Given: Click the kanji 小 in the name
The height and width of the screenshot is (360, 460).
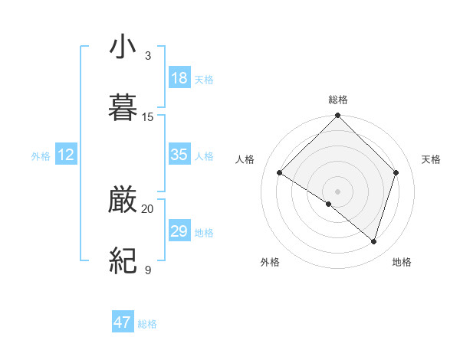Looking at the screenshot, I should click(123, 47).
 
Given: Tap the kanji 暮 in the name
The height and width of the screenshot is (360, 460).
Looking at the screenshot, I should click(123, 108).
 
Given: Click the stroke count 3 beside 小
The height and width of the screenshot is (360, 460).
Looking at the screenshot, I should click(148, 56).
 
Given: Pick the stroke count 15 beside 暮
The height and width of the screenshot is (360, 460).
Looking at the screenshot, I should click(148, 116).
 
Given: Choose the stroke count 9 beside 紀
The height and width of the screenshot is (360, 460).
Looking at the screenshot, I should click(148, 270).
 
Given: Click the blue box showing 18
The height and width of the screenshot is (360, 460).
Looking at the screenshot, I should click(179, 78).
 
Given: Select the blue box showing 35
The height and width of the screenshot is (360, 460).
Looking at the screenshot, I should click(179, 155).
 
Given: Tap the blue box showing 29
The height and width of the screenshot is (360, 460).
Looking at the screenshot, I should click(179, 231).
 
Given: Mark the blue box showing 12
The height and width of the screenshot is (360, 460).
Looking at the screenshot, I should click(66, 155).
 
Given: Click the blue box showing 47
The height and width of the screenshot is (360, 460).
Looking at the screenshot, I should click(123, 322).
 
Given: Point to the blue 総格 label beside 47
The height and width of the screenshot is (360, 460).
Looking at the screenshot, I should click(148, 325).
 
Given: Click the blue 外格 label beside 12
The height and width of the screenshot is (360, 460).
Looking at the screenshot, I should click(41, 156).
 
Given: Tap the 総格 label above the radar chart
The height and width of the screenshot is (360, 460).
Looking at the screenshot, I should click(338, 100).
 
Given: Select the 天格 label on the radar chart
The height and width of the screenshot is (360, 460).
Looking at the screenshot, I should click(432, 159).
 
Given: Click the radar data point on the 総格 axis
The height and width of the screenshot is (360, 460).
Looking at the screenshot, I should click(338, 116).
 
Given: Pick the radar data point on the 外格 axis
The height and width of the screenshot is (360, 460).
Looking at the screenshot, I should click(329, 205).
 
